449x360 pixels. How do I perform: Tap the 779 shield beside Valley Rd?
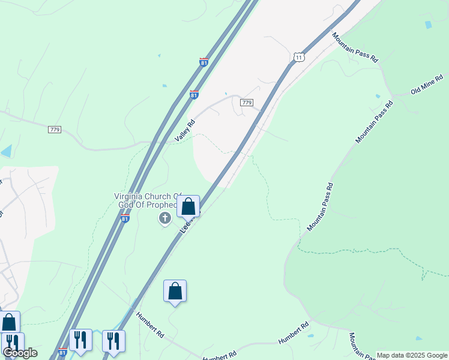pos(246,103)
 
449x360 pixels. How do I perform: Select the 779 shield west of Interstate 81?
pos(55,130)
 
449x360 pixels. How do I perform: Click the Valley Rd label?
pos(185,131)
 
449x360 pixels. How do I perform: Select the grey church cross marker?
pos(164,218)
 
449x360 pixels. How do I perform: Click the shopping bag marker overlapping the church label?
pos(188,206)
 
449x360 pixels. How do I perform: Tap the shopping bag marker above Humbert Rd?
pos(175,291)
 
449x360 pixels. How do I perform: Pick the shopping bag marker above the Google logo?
pos(9,322)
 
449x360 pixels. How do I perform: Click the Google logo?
pos(20,353)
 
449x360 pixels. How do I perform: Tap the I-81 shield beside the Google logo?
pos(62,352)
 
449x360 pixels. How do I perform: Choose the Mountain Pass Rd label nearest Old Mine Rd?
pos(374,122)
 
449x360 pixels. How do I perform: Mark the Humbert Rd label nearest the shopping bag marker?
pos(150,324)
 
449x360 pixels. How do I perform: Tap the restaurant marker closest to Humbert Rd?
pos(113,341)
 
